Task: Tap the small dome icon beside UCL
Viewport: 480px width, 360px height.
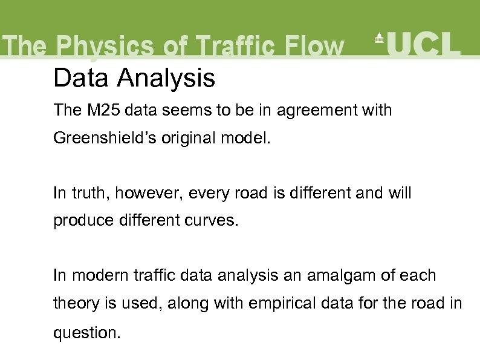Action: [380, 38]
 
